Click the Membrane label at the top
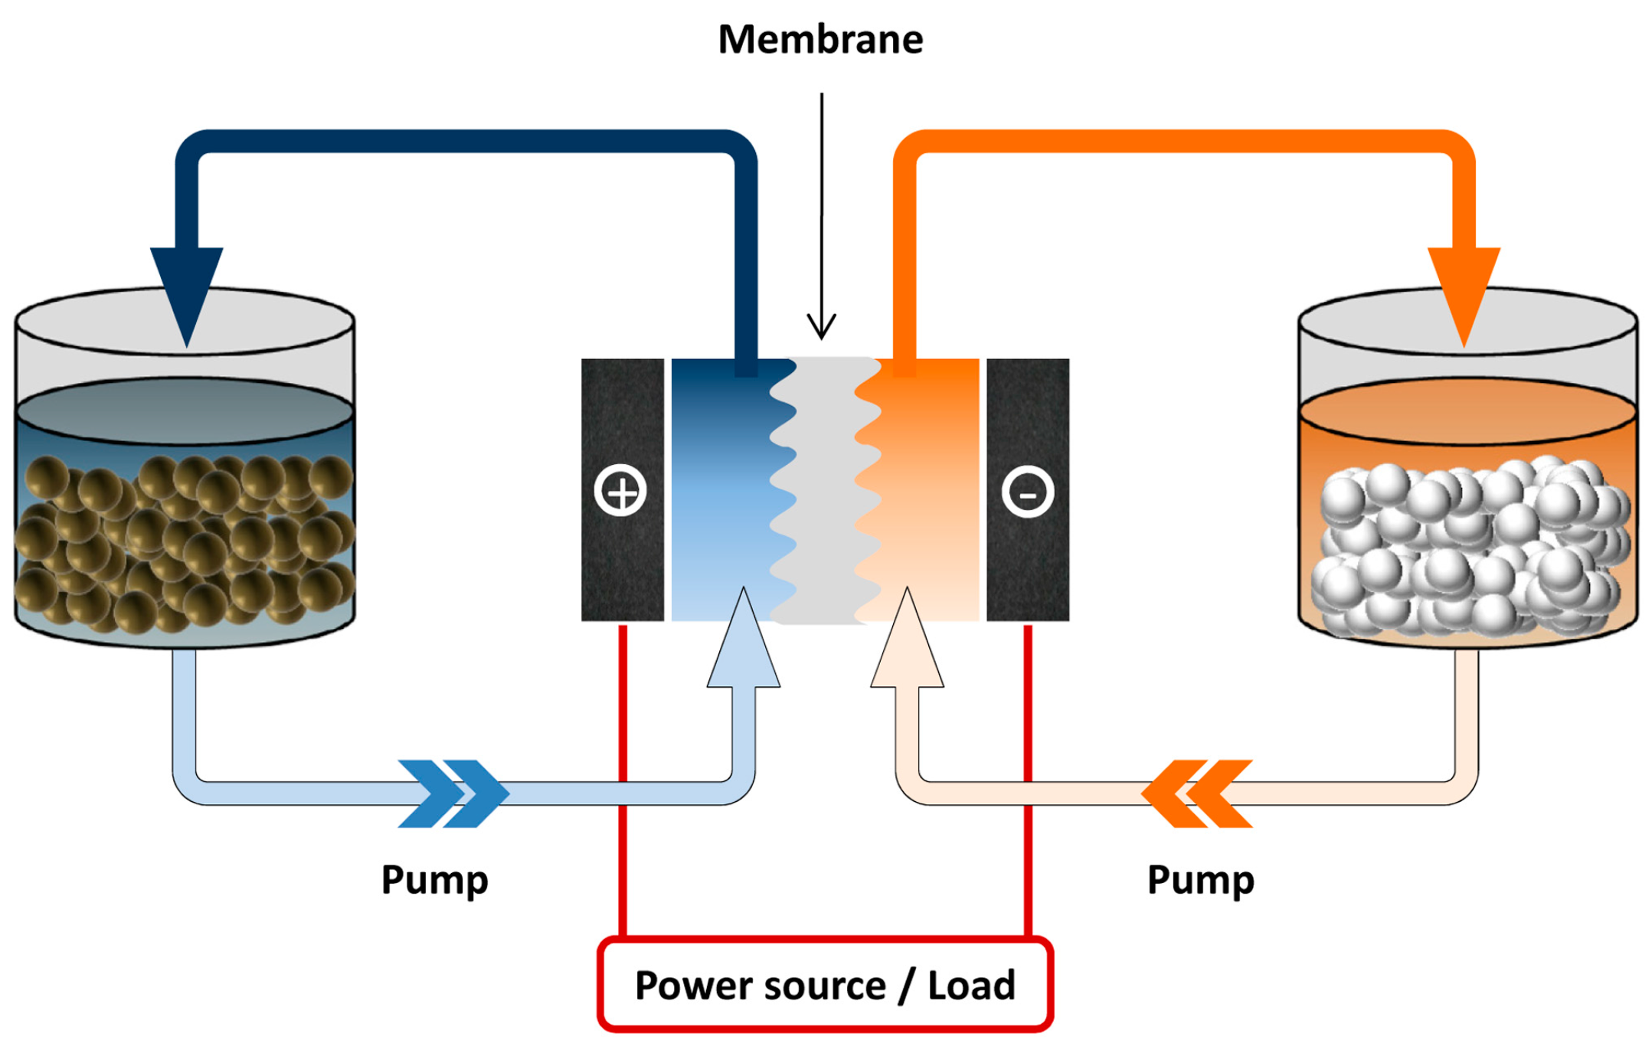(820, 39)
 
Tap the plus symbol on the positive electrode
(620, 490)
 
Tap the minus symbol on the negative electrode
(1028, 491)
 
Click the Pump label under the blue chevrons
(434, 880)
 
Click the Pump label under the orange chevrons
(1200, 880)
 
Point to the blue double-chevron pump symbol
(453, 793)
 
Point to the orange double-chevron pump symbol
(1197, 793)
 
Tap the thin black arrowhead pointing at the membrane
(822, 327)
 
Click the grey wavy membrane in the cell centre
(826, 490)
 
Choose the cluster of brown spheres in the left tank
(184, 544)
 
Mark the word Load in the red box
(971, 985)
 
